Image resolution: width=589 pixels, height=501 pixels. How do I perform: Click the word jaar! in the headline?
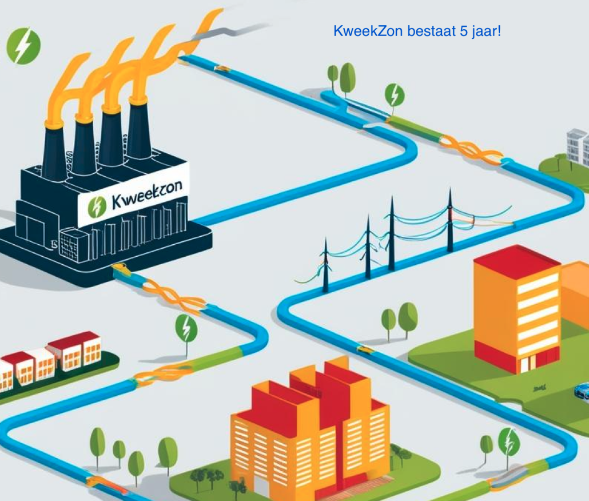(x=486, y=31)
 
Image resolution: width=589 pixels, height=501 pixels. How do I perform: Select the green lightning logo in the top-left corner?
(x=23, y=46)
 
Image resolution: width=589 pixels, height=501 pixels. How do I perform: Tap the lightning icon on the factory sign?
(x=97, y=208)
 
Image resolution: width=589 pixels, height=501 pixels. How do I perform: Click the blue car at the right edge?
(x=582, y=391)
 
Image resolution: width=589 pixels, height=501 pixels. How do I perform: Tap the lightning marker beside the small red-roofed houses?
(x=186, y=328)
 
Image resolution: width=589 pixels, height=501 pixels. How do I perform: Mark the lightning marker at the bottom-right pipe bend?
(x=509, y=444)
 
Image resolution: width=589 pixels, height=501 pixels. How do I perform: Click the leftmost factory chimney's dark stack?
(x=54, y=152)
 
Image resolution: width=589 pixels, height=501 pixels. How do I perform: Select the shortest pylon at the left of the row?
(x=326, y=265)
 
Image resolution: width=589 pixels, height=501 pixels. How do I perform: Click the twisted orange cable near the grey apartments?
(x=471, y=150)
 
